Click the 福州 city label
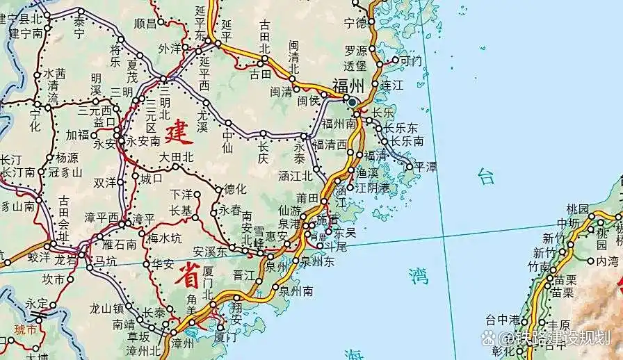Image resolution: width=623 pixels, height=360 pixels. [x=348, y=86]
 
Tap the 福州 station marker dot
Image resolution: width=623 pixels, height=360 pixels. [x=353, y=102]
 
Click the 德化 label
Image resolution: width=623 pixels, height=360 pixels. [x=234, y=189]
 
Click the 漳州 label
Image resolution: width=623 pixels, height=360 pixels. [x=184, y=343]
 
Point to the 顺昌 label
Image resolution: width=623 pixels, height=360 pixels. [x=145, y=23]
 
